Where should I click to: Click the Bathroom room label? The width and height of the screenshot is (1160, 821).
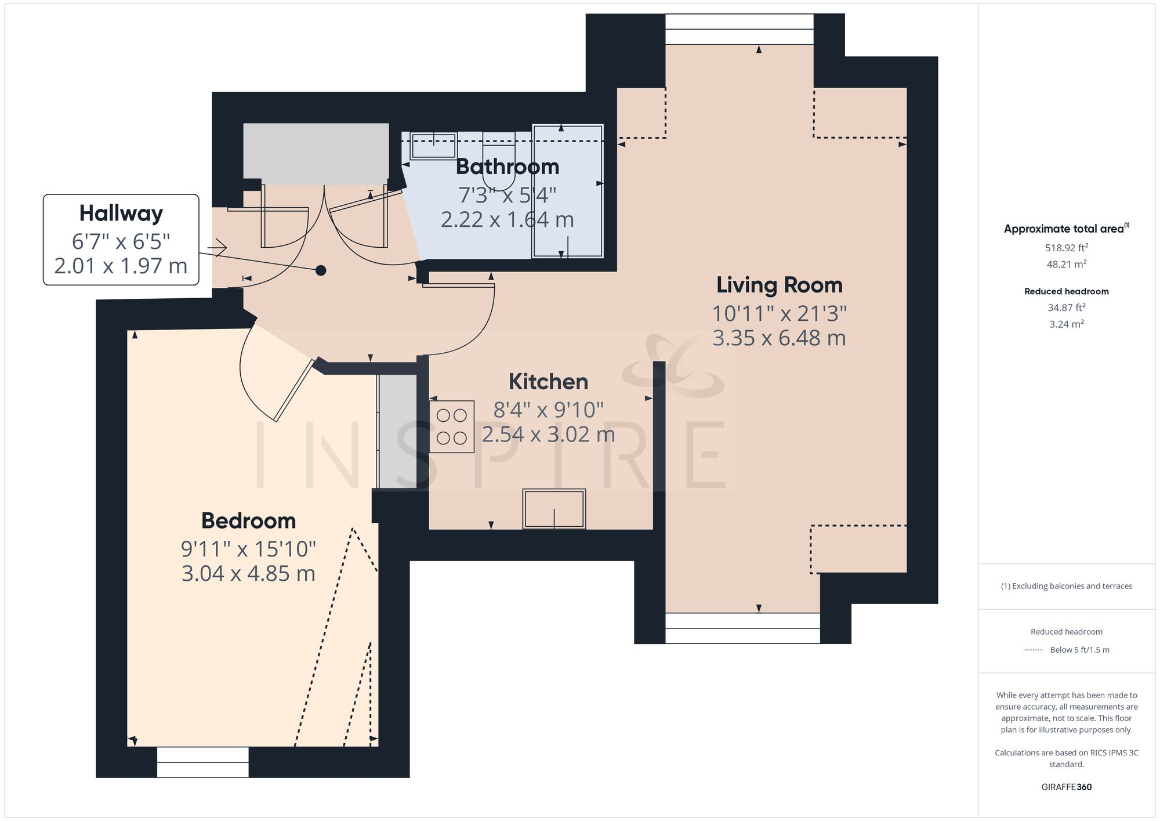507,167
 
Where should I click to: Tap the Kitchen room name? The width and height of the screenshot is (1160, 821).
548,382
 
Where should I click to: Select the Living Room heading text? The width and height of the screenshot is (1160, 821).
779,285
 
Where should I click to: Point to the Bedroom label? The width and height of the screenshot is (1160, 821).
248,520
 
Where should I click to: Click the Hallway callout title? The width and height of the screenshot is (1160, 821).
121,213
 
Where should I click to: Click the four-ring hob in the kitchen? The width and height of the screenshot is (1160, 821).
452,426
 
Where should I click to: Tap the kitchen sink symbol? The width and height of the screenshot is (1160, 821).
554,509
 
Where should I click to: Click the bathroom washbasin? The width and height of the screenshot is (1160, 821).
433,146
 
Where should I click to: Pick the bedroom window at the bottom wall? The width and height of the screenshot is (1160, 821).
203,762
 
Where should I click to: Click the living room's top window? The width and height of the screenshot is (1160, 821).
739,30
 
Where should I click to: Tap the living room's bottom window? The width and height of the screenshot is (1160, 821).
742,628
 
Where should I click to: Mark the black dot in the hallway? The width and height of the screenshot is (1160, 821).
321,270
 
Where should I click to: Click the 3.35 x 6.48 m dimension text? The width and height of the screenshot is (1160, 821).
779,338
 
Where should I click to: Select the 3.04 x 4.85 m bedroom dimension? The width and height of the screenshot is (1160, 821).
248,573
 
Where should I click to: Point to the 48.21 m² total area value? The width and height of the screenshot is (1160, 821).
1066,264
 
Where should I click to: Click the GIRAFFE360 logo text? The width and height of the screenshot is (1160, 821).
1066,787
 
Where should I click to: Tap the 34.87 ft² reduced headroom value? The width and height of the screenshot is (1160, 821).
1066,308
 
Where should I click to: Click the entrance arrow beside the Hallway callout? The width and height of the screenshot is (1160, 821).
217,248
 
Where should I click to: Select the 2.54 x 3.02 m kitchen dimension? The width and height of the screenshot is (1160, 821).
548,434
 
